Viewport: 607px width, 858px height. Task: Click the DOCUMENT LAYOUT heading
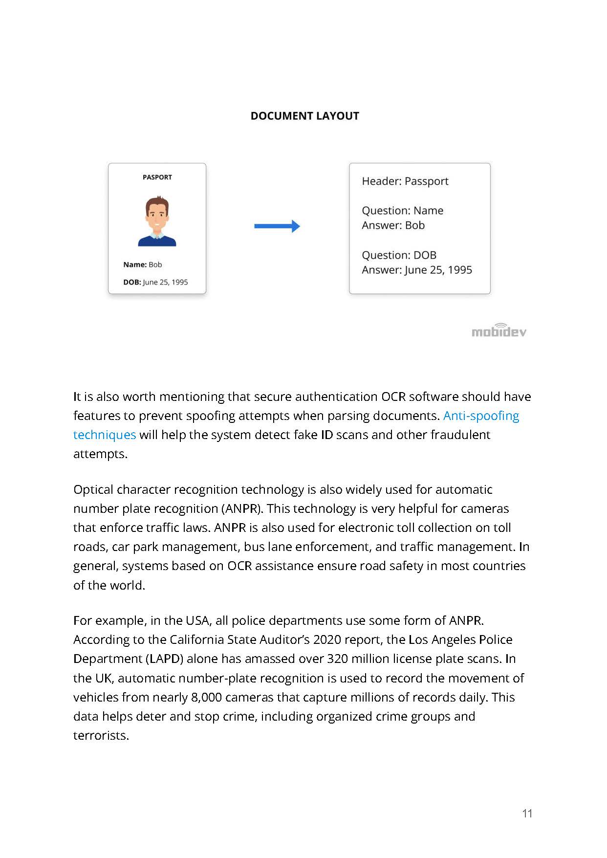click(304, 116)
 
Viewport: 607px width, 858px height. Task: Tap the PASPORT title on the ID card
click(157, 177)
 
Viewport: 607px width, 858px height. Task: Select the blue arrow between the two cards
click(277, 226)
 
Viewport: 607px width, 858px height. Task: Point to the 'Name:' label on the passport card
click(135, 264)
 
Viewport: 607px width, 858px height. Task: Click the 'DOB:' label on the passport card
click(132, 282)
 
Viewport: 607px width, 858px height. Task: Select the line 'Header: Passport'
click(405, 181)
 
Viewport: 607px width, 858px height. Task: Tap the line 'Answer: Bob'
click(393, 225)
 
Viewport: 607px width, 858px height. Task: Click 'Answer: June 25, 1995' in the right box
click(416, 270)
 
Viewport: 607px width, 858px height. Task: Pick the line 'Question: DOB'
click(399, 255)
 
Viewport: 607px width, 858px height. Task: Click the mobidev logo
click(499, 331)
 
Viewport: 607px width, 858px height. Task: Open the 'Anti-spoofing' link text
click(481, 416)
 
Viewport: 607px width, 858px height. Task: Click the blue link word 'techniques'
click(105, 435)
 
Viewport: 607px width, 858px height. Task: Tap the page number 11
click(527, 814)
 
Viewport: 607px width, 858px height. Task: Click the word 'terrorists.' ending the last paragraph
click(101, 736)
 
